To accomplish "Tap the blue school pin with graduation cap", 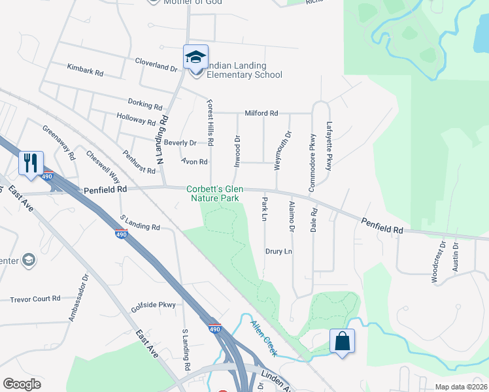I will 195,57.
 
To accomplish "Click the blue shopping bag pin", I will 342,340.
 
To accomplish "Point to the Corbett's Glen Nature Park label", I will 214,193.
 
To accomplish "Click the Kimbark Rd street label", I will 86,69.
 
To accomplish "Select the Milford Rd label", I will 261,113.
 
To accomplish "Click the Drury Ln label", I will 278,252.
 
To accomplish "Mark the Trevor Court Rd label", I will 35,299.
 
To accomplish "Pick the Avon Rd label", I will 195,161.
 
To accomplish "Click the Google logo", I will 22,384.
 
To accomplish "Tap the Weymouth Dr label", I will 282,151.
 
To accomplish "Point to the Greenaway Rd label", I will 59,142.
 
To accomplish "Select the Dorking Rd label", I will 145,105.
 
